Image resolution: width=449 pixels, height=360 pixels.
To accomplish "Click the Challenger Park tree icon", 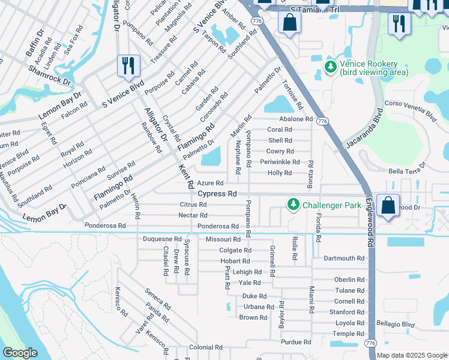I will point(294,205).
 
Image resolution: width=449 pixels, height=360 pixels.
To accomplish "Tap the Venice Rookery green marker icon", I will point(330,67).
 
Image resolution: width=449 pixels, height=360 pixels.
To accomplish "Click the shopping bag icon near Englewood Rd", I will point(388,205).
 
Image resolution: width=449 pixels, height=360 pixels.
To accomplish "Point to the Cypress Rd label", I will point(217,194).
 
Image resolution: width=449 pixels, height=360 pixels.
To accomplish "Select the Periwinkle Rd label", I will point(280,162).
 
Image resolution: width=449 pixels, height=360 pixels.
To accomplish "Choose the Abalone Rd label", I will point(297,119).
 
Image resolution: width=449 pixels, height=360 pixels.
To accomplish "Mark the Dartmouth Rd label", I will point(344,259).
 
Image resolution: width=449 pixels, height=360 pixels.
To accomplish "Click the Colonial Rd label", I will point(206,347).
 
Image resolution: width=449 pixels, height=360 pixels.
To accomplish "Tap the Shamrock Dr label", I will point(49,75).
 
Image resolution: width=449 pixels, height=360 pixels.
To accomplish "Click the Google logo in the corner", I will point(20,353).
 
